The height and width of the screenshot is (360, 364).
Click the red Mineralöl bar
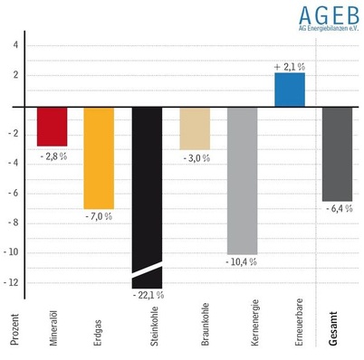click(x=52, y=126)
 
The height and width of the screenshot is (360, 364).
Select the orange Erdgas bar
click(x=99, y=157)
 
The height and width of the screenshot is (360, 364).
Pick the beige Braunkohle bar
click(x=195, y=128)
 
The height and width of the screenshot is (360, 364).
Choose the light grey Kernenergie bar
click(x=242, y=180)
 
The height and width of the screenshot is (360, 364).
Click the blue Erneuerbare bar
click(x=290, y=90)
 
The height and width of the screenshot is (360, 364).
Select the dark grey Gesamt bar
click(x=337, y=154)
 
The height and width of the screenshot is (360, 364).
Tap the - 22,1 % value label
click(x=147, y=296)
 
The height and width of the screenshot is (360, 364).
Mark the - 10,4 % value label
click(x=242, y=262)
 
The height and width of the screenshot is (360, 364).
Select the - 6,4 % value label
click(x=338, y=209)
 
